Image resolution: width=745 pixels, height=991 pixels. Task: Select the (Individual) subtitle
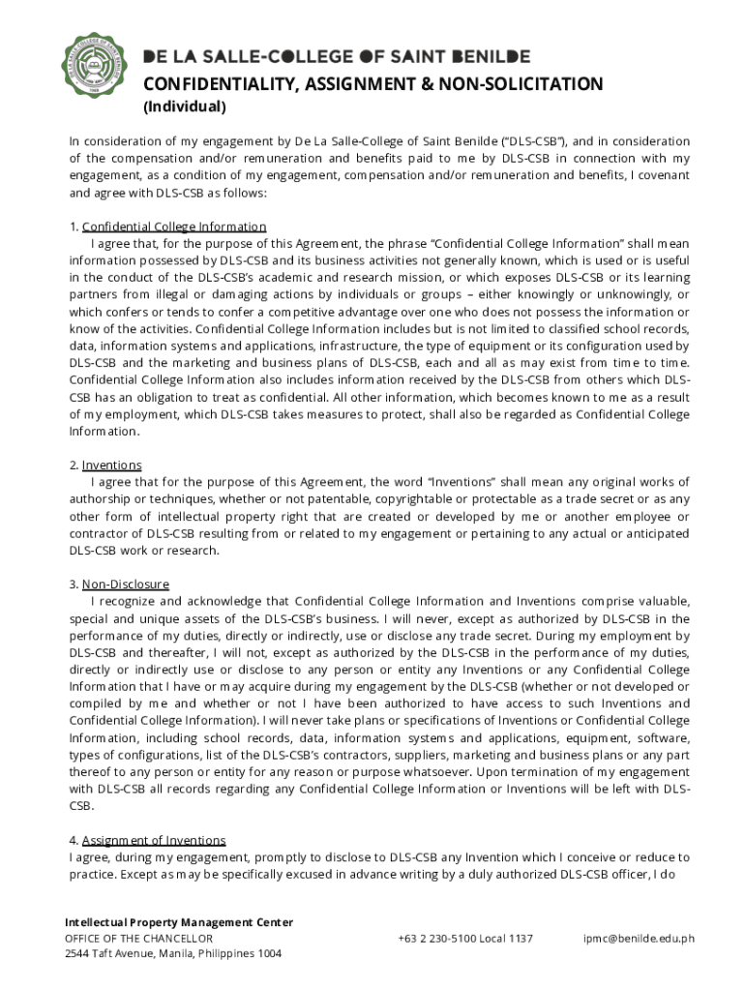click(184, 106)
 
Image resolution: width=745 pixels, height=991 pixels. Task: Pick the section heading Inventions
click(111, 465)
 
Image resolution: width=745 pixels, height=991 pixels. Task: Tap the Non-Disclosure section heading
click(125, 585)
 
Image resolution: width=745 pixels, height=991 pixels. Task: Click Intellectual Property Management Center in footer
click(178, 922)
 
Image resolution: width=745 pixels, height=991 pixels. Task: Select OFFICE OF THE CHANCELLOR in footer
click(138, 938)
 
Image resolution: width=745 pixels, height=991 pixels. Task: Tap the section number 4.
click(74, 840)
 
